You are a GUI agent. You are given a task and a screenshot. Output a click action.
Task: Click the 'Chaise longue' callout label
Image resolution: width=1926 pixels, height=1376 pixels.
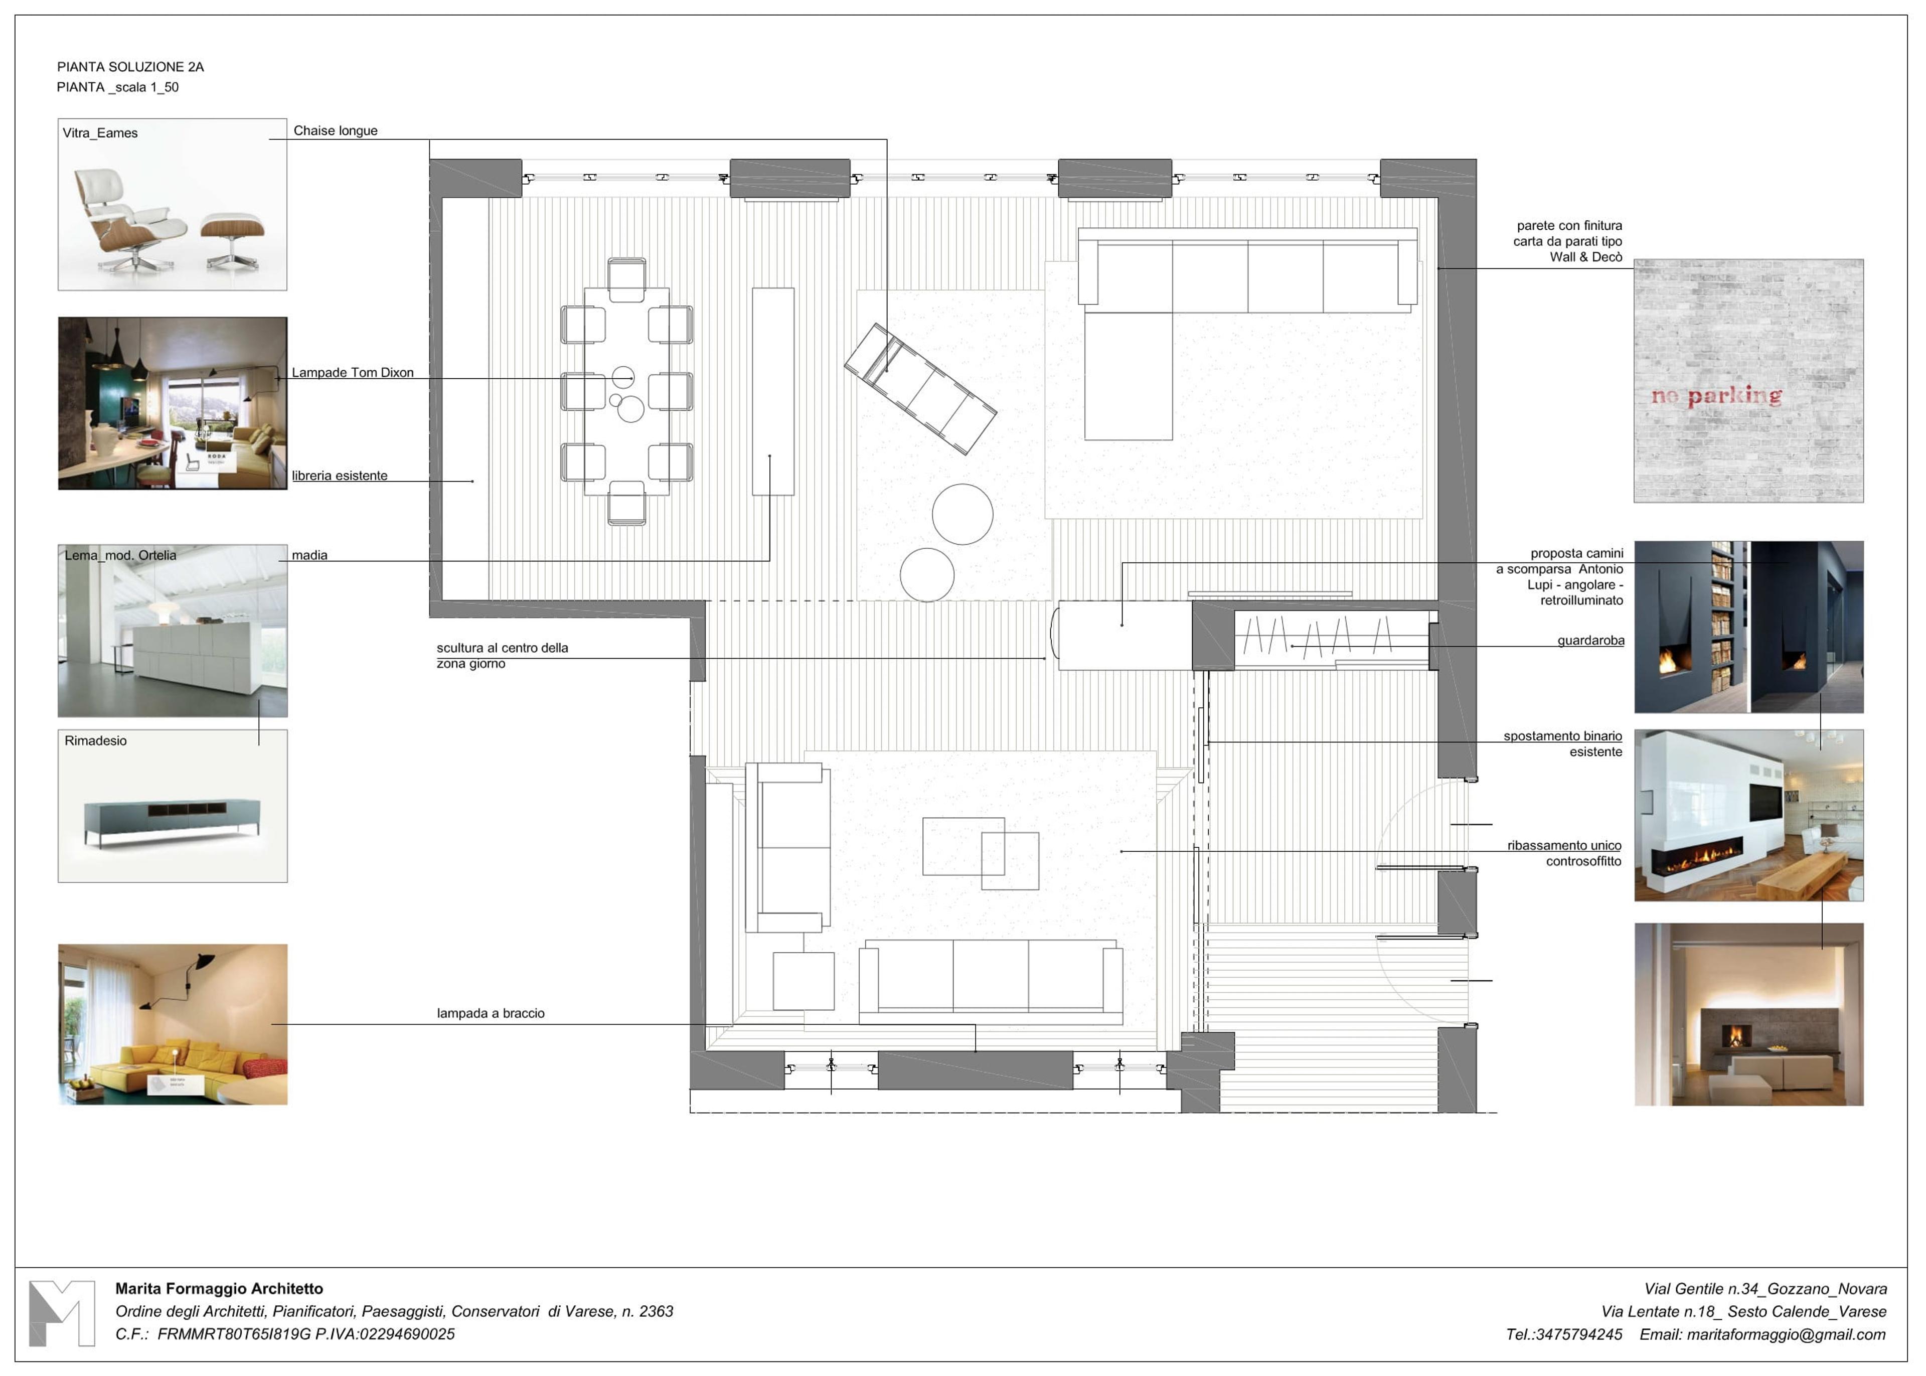click(336, 130)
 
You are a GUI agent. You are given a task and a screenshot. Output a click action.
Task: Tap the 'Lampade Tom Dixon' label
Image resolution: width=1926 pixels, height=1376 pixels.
click(352, 373)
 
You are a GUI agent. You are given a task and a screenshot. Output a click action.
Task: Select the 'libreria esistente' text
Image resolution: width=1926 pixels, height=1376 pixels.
click(340, 476)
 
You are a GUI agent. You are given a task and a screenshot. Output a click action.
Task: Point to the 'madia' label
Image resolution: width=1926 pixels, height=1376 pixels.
click(310, 556)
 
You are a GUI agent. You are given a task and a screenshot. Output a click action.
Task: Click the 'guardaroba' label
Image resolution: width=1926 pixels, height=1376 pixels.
click(1590, 641)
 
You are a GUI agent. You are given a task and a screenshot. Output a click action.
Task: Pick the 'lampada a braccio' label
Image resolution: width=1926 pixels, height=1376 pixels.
click(491, 1013)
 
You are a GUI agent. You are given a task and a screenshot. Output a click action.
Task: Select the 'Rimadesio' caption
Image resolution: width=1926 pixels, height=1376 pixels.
click(96, 740)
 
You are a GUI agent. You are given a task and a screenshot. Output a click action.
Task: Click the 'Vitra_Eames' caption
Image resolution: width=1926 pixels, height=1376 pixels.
click(100, 133)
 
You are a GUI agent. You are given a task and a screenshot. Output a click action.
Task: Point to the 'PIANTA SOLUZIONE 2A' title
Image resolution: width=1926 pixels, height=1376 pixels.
click(130, 67)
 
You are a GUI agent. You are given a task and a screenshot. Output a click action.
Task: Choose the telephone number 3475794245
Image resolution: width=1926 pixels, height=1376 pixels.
click(1579, 1334)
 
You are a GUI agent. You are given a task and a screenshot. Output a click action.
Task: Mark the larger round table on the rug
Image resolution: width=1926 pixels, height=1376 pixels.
click(962, 514)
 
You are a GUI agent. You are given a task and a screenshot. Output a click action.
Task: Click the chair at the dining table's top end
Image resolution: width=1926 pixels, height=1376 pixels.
click(627, 279)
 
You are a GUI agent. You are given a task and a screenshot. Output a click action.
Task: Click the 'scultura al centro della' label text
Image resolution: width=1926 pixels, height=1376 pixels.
click(502, 648)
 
